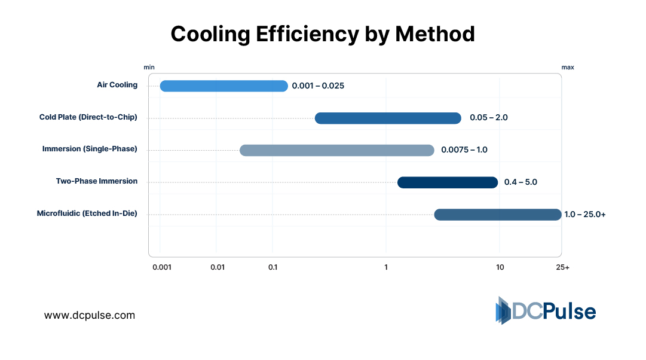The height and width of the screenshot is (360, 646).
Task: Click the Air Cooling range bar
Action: [224, 86]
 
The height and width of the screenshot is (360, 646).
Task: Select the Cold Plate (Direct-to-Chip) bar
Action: [388, 118]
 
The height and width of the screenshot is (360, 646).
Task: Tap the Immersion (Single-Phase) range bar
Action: [337, 150]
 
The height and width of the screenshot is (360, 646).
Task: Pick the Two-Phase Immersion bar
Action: [448, 182]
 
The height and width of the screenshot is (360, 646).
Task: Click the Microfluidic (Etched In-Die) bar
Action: [498, 215]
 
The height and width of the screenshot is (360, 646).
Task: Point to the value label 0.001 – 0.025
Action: [318, 86]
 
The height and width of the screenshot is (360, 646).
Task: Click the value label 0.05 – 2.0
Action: [488, 117]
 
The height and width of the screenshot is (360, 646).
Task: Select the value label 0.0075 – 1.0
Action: [464, 150]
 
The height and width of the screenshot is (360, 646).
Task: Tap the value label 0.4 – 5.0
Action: [521, 182]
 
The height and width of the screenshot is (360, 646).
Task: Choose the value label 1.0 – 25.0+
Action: [585, 214]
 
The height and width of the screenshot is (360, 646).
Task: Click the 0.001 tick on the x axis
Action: [162, 267]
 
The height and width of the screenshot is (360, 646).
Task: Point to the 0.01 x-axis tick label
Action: [218, 267]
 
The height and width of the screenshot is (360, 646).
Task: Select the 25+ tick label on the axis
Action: [562, 267]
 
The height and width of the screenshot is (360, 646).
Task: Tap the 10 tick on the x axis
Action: [500, 267]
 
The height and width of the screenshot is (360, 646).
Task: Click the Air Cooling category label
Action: [117, 85]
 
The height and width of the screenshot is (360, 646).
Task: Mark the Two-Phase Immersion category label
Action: [97, 181]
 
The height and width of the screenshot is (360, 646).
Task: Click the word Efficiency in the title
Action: [307, 34]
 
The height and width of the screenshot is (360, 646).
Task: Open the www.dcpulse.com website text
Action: [90, 315]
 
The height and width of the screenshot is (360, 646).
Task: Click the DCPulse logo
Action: [546, 311]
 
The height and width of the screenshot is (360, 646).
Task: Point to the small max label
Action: [567, 68]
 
